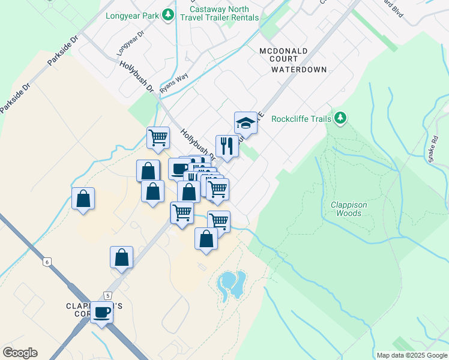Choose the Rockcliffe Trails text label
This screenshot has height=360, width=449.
click(x=301, y=119)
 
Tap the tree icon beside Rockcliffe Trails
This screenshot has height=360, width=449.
click(x=340, y=118)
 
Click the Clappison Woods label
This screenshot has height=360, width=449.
click(x=349, y=209)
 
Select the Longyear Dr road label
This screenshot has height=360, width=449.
click(x=131, y=41)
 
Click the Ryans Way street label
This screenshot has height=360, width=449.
click(x=175, y=82)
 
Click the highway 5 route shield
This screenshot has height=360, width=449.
click(x=107, y=295)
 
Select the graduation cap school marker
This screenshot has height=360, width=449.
click(x=245, y=123)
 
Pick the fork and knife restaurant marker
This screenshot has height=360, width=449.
click(x=227, y=145)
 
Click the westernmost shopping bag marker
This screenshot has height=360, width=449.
click(x=83, y=199)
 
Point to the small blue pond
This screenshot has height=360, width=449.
click(x=232, y=284)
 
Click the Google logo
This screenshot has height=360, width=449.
click(x=20, y=353)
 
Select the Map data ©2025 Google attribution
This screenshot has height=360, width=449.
click(x=411, y=355)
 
